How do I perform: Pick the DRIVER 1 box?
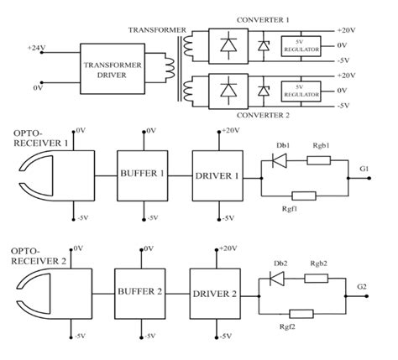tap(217, 176)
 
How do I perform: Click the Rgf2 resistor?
tap(301, 313)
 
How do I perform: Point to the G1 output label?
tap(364, 169)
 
